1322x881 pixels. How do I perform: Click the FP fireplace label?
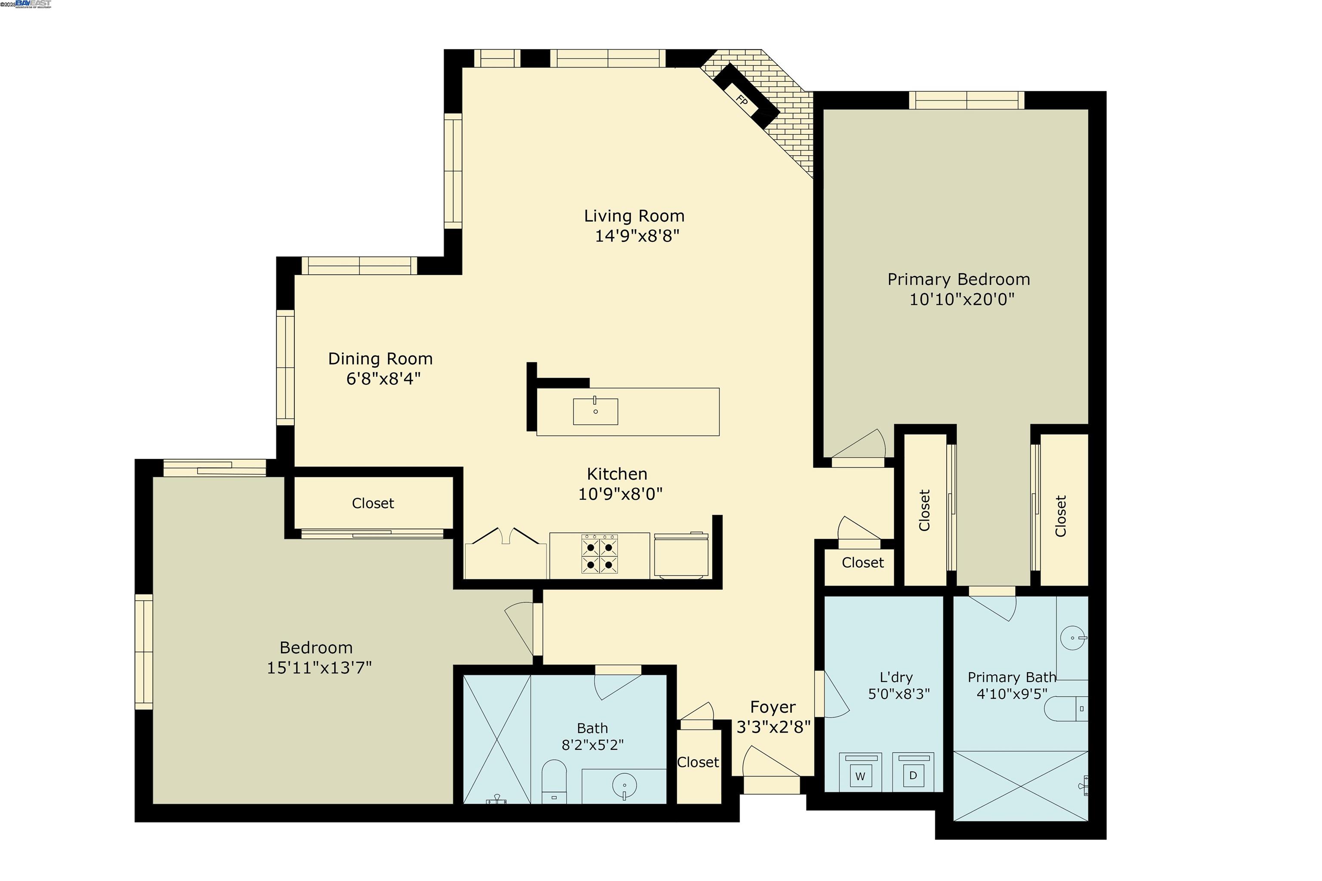tap(741, 101)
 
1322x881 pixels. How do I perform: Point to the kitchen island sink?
tap(595, 411)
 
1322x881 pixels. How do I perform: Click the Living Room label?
tap(634, 216)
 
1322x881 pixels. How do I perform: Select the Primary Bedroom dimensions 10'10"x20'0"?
tap(961, 300)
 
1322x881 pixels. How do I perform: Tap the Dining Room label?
tap(380, 359)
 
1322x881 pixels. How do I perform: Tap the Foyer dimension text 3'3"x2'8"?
tap(773, 727)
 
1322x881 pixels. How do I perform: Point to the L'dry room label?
tap(896, 677)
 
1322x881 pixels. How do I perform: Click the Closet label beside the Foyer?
tap(697, 762)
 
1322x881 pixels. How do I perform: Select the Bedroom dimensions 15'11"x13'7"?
tap(318, 668)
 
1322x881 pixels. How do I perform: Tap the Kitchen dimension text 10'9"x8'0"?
tap(620, 494)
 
